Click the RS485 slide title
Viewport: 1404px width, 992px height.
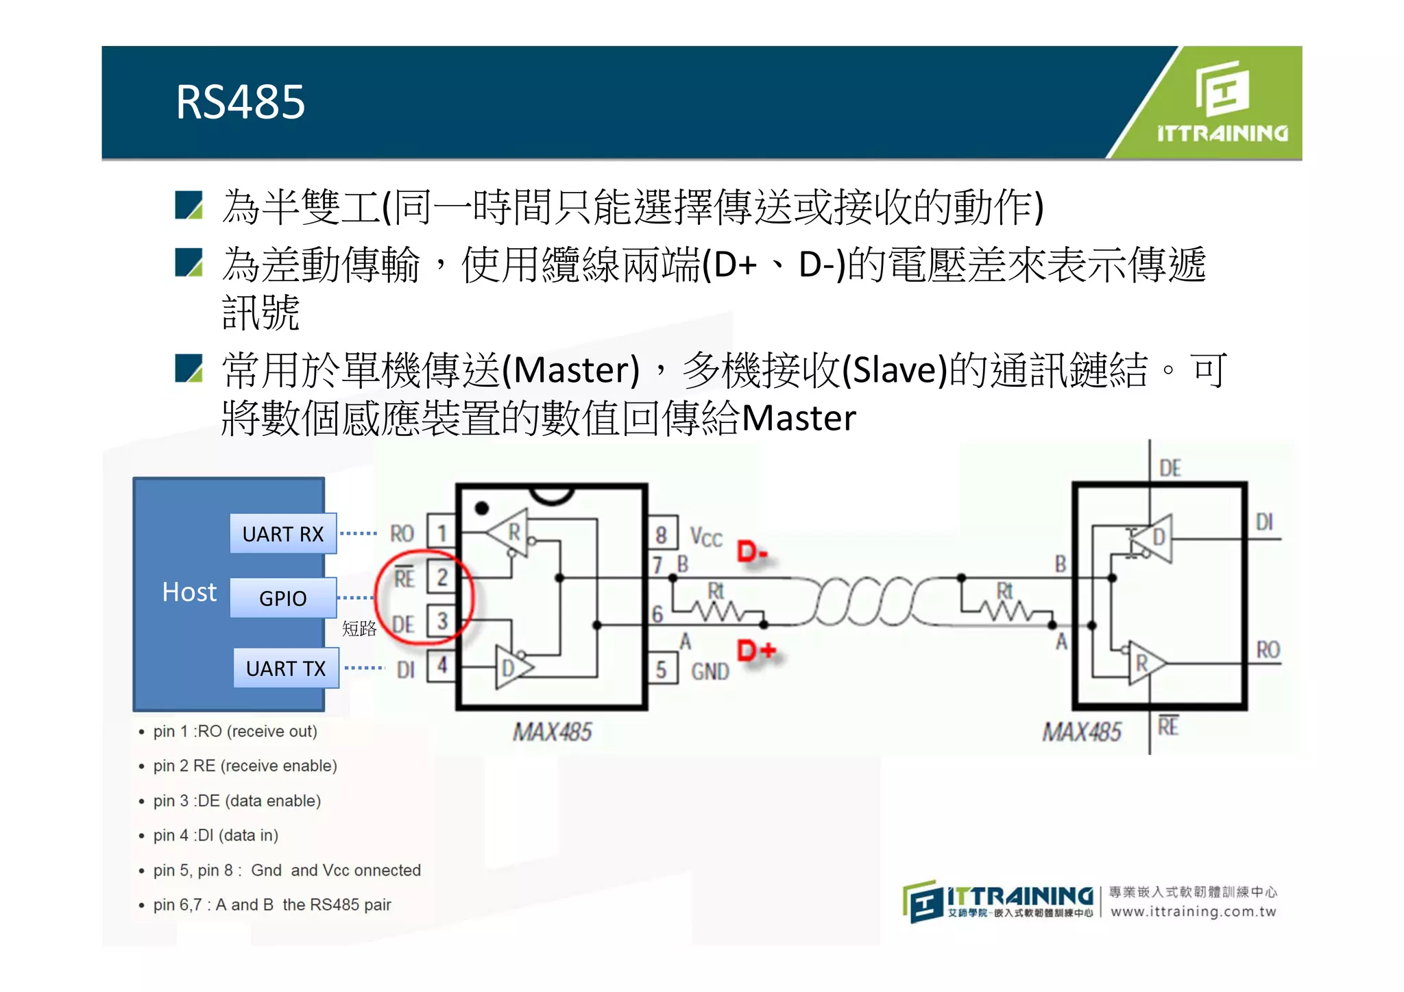(240, 103)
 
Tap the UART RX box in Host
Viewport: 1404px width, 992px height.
(283, 533)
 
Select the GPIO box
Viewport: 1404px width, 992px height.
(283, 598)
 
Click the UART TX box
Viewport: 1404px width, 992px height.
(286, 668)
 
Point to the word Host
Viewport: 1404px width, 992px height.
(189, 592)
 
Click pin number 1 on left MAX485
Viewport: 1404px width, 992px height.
(442, 533)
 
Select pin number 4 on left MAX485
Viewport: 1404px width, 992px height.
(442, 665)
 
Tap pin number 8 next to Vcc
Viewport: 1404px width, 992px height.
(661, 535)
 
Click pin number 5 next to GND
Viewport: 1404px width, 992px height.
(661, 669)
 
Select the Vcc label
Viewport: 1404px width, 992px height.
(706, 537)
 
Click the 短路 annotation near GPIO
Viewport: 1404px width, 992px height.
(359, 628)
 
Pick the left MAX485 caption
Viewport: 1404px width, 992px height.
(553, 732)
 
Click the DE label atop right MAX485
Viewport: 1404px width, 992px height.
(1170, 469)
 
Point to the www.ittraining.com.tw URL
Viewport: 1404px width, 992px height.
(1194, 912)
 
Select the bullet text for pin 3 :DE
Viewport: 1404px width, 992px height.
(237, 801)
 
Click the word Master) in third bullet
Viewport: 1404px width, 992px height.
(577, 370)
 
